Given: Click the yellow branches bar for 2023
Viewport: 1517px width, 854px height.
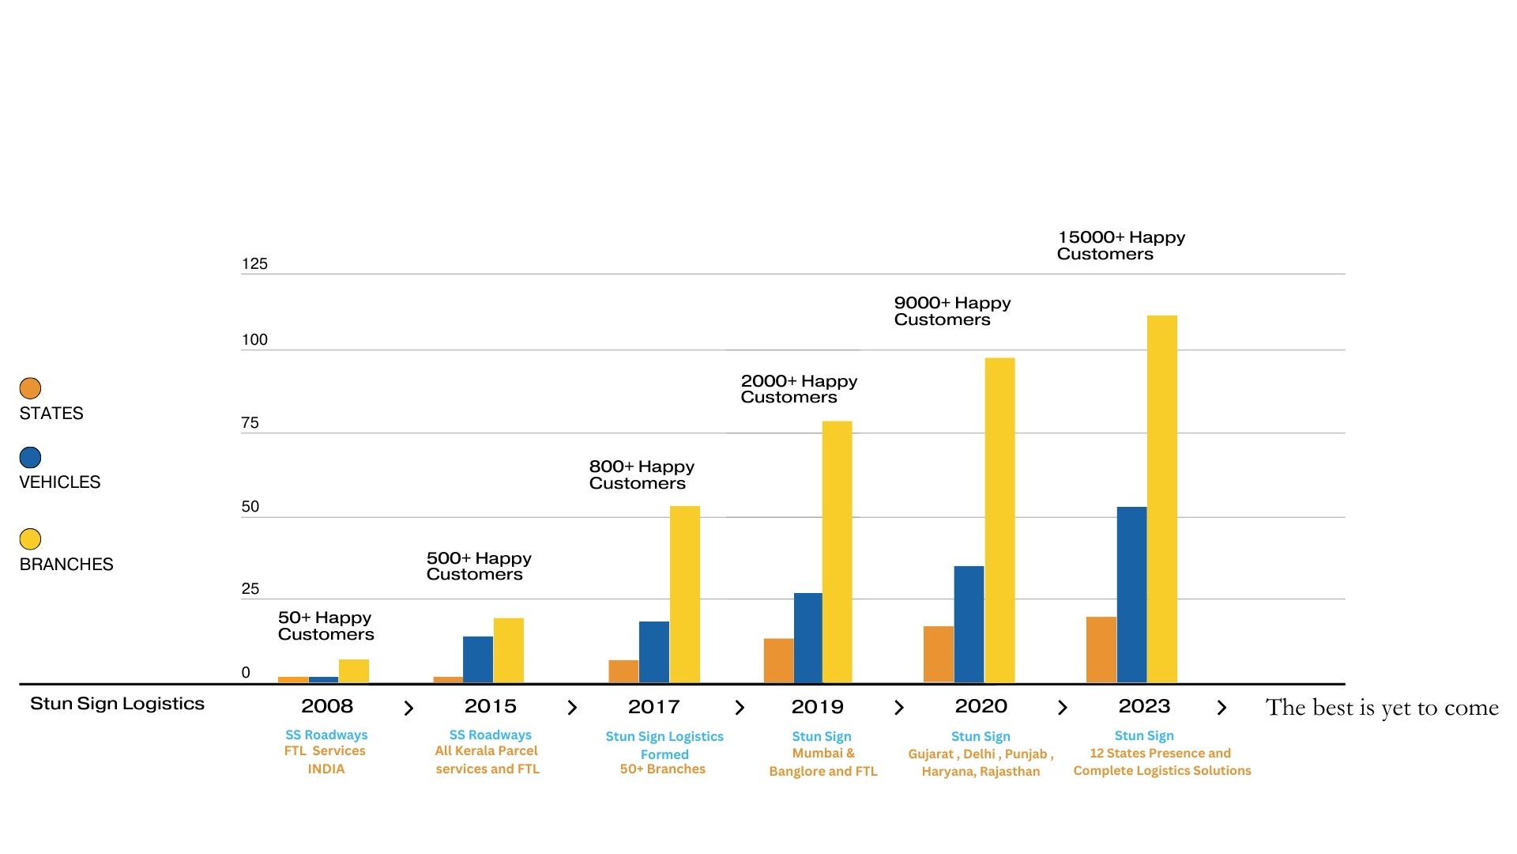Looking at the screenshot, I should (x=1161, y=498).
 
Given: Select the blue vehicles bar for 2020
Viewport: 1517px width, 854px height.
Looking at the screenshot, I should (x=969, y=624).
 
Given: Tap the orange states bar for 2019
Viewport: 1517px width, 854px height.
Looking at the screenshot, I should (x=778, y=660).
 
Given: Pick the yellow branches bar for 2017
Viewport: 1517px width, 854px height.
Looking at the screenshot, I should (x=685, y=594).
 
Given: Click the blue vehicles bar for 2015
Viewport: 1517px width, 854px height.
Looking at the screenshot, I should (x=477, y=659).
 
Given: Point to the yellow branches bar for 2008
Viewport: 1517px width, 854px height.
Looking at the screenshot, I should (x=353, y=671).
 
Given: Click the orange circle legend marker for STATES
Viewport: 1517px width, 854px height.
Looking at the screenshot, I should (x=30, y=388).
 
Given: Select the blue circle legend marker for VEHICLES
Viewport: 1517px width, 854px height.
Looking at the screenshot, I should (x=30, y=457).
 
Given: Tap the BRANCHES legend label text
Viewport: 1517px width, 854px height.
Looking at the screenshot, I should (x=66, y=564).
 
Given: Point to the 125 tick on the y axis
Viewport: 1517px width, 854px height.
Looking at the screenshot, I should (x=254, y=264).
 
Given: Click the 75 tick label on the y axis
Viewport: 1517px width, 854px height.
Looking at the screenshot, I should (x=250, y=423).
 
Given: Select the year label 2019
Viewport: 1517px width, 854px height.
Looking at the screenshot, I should (x=817, y=706).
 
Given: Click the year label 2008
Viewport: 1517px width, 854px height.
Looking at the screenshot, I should (x=326, y=706).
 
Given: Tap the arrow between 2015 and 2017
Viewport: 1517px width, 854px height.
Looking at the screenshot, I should (x=572, y=708).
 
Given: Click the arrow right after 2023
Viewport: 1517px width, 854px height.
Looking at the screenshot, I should (x=1222, y=708).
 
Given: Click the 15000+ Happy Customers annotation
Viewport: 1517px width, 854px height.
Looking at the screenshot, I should (x=1120, y=245).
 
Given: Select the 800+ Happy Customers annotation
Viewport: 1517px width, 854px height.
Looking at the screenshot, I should (x=641, y=474).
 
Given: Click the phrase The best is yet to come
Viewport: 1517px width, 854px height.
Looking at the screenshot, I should (x=1381, y=708).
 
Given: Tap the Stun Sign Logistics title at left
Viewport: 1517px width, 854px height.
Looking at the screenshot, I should (x=117, y=704).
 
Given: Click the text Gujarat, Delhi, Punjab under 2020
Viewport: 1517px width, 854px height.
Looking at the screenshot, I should (x=980, y=754).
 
